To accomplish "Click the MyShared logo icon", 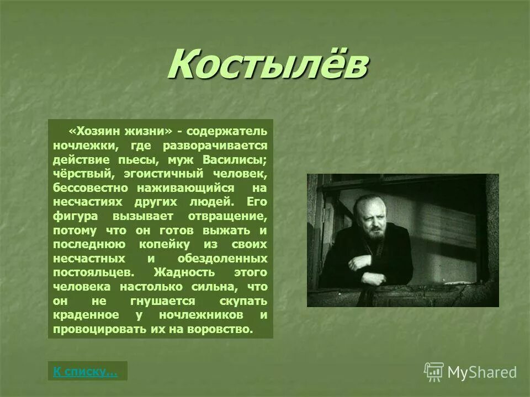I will [434, 372].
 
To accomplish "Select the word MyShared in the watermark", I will [482, 372].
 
